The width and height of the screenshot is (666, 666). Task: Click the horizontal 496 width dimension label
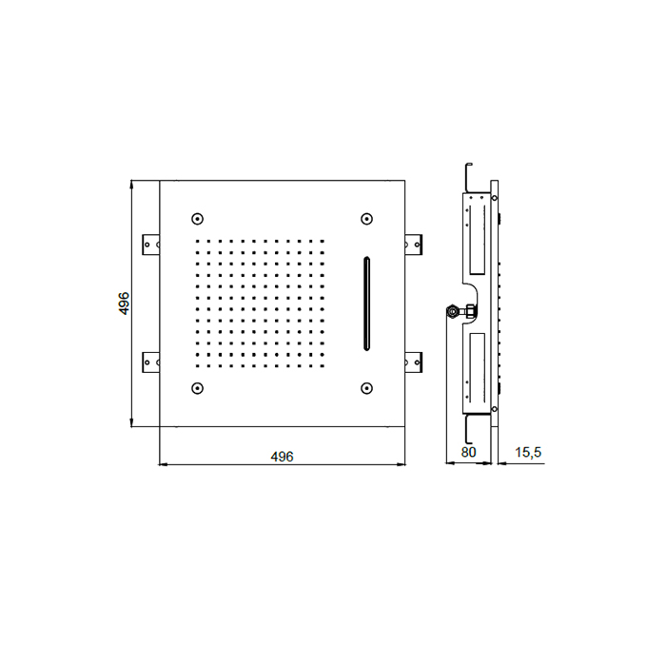coord(282,457)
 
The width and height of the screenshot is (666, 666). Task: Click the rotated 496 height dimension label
coord(124,304)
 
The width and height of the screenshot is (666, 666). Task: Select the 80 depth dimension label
coord(468,452)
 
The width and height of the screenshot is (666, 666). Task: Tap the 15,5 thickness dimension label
coord(528,453)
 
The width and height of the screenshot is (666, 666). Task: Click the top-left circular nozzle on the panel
coord(198,219)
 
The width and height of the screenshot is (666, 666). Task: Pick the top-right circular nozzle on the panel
coord(366,219)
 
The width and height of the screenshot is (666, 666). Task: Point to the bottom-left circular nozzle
coord(198,388)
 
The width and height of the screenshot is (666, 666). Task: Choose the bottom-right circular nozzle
coord(366,388)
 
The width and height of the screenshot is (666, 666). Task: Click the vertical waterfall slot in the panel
coord(366,304)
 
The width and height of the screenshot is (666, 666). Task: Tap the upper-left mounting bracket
coord(150,245)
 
